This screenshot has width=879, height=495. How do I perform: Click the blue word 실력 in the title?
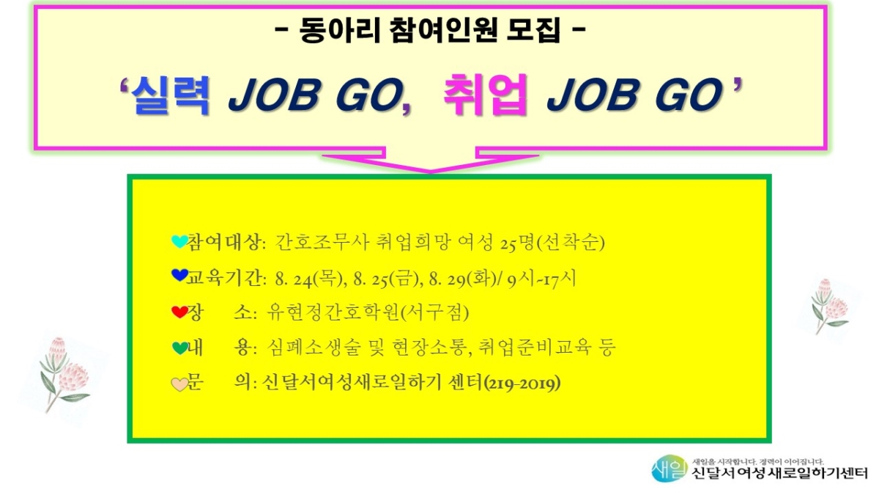coord(169,95)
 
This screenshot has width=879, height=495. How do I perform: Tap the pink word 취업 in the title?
coord(484,95)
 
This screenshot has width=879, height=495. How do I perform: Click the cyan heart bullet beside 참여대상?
coord(179,241)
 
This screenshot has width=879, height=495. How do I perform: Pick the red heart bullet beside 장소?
coord(179,312)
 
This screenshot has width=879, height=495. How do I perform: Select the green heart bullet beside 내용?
coord(179,348)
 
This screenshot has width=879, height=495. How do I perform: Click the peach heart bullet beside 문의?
coord(179,384)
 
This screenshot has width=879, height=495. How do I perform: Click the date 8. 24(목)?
coord(308,279)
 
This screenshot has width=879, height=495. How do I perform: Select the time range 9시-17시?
coord(541,279)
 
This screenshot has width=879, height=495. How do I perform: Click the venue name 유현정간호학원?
coord(333,313)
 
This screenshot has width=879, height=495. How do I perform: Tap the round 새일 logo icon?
coord(669,469)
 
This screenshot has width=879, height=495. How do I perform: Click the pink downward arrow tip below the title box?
coord(430,172)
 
